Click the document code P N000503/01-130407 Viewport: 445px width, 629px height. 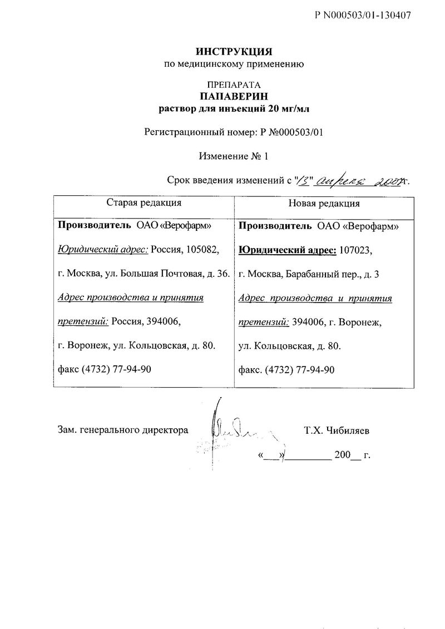pyautogui.click(x=363, y=16)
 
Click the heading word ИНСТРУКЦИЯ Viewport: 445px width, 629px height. pyautogui.click(x=234, y=52)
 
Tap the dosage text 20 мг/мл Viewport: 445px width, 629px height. pyautogui.click(x=288, y=108)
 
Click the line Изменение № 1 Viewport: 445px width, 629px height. pyautogui.click(x=234, y=157)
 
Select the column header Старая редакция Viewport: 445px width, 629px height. pyautogui.click(x=144, y=203)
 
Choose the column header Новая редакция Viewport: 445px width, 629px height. pyautogui.click(x=324, y=204)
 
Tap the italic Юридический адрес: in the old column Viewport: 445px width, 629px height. pyautogui.click(x=103, y=250)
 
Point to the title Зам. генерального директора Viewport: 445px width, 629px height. pyautogui.click(x=123, y=430)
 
